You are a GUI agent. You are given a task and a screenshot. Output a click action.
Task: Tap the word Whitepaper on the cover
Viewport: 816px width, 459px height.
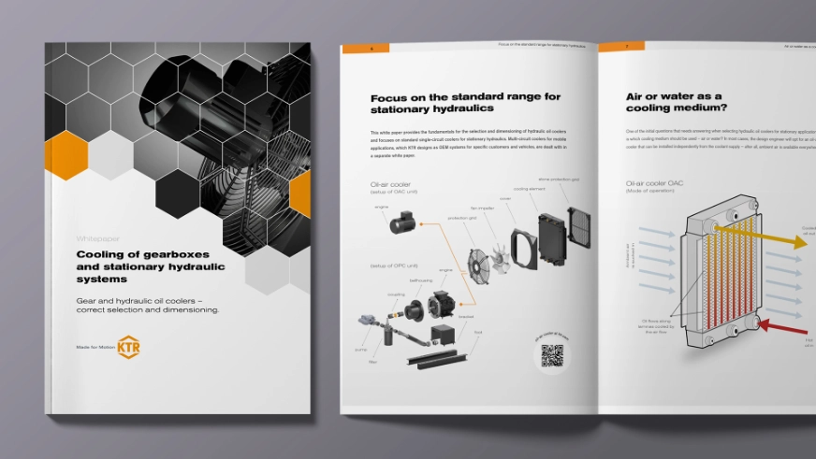pyautogui.click(x=95, y=238)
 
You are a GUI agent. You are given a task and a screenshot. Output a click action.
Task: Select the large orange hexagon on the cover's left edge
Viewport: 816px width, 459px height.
pyautogui.click(x=66, y=155)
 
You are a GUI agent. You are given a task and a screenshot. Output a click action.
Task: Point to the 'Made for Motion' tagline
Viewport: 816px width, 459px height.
pyautogui.click(x=94, y=347)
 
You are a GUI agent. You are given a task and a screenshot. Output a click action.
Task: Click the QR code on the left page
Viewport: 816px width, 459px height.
pyautogui.click(x=552, y=356)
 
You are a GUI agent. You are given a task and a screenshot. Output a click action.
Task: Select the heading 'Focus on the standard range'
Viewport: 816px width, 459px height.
pyautogui.click(x=465, y=96)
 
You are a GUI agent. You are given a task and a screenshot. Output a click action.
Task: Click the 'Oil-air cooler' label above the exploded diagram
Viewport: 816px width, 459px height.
pyautogui.click(x=391, y=184)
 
